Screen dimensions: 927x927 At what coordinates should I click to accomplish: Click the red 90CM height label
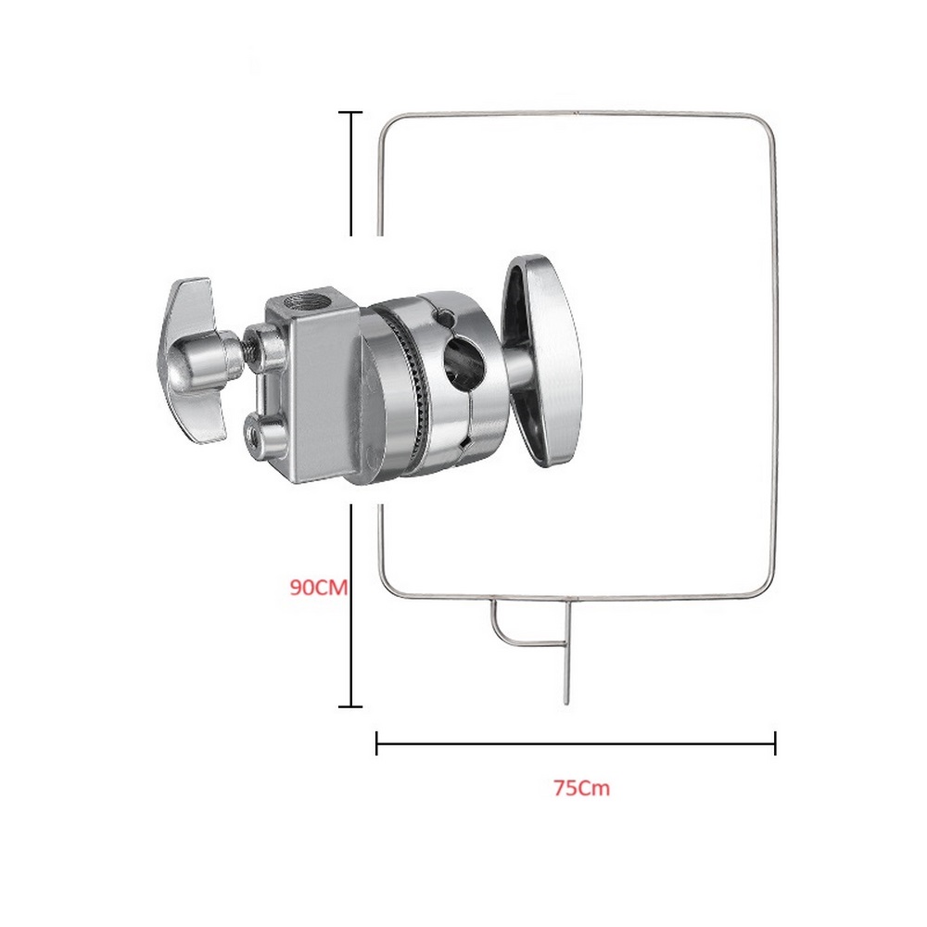(x=319, y=587)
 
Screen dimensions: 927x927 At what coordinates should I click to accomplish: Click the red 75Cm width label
(x=582, y=788)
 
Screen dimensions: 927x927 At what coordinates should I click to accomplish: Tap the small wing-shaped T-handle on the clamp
(x=193, y=360)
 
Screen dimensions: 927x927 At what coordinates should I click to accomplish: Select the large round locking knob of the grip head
(x=542, y=362)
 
